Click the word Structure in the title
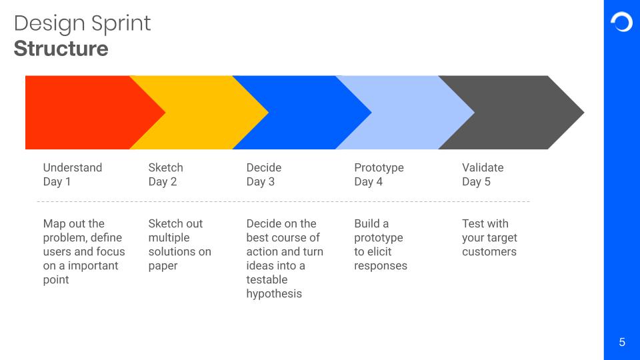[61, 49]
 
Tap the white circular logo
[621, 22]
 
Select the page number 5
[622, 342]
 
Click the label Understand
[73, 168]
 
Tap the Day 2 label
[163, 181]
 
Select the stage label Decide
[264, 168]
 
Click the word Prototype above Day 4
[379, 168]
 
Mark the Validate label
[483, 168]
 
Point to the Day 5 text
[476, 181]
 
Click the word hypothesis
[274, 294]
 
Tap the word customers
[489, 252]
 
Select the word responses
[381, 266]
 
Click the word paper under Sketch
[163, 267]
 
